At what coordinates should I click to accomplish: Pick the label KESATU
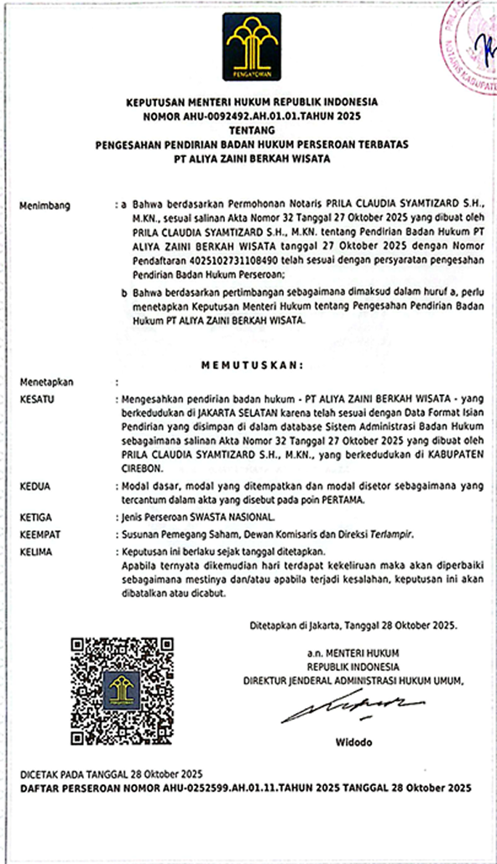tap(36, 400)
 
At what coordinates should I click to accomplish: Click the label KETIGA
tap(35, 518)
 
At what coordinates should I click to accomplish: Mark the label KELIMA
tap(35, 551)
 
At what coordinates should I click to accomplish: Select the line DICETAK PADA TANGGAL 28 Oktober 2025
tap(111, 773)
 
